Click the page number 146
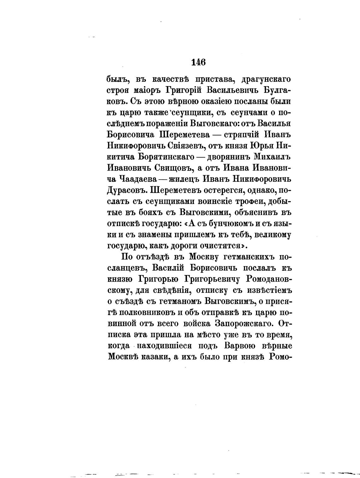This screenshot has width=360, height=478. [x=198, y=63]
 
